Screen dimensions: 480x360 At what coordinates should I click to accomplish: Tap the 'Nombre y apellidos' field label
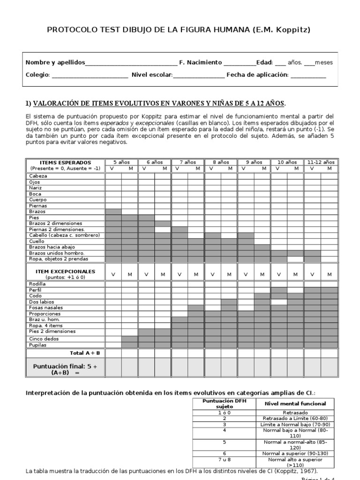pyautogui.click(x=55, y=62)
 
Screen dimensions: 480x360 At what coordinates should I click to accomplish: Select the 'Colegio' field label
pyautogui.click(x=37, y=75)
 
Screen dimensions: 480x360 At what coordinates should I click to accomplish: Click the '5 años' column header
pyautogui.click(x=121, y=162)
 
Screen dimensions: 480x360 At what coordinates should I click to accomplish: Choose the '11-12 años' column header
pyautogui.click(x=321, y=162)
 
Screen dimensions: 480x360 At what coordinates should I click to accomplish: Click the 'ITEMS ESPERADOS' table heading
pyautogui.click(x=65, y=162)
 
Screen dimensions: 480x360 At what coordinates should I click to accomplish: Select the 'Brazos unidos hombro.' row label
pyautogui.click(x=56, y=253)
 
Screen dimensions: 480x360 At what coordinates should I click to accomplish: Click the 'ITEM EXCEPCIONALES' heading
pyautogui.click(x=65, y=271)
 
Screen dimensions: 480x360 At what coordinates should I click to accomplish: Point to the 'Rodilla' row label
pyautogui.click(x=37, y=284)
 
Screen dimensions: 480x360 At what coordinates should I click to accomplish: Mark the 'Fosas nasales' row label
pyautogui.click(x=46, y=307)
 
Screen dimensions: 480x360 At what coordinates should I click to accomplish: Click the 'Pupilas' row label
pyautogui.click(x=38, y=345)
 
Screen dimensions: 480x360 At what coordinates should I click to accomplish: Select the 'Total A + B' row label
pyautogui.click(x=82, y=352)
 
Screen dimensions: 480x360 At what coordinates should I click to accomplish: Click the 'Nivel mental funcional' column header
pyautogui.click(x=295, y=404)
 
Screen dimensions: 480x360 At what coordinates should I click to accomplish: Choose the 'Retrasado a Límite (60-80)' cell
pyautogui.click(x=295, y=418)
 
